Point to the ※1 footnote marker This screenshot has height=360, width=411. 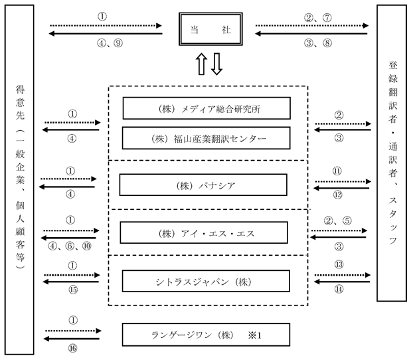pyautogui.click(x=255, y=335)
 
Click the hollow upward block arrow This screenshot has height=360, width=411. pyautogui.click(x=201, y=64)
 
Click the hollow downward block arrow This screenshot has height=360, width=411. pyautogui.click(x=216, y=64)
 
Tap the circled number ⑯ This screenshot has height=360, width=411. pyautogui.click(x=73, y=348)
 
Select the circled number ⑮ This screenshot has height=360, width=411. pyautogui.click(x=73, y=290)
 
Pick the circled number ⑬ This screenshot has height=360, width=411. pyautogui.click(x=339, y=264)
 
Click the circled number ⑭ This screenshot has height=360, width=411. pyautogui.click(x=339, y=289)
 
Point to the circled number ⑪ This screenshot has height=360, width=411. pyautogui.click(x=337, y=171)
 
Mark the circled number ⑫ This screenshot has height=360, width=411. pyautogui.click(x=338, y=195)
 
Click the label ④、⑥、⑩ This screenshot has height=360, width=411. pyautogui.click(x=70, y=246)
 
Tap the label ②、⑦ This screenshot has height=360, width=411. pyautogui.click(x=318, y=17)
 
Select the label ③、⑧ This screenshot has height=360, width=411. pyautogui.click(x=318, y=43)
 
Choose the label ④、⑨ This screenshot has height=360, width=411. pyautogui.click(x=110, y=43)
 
